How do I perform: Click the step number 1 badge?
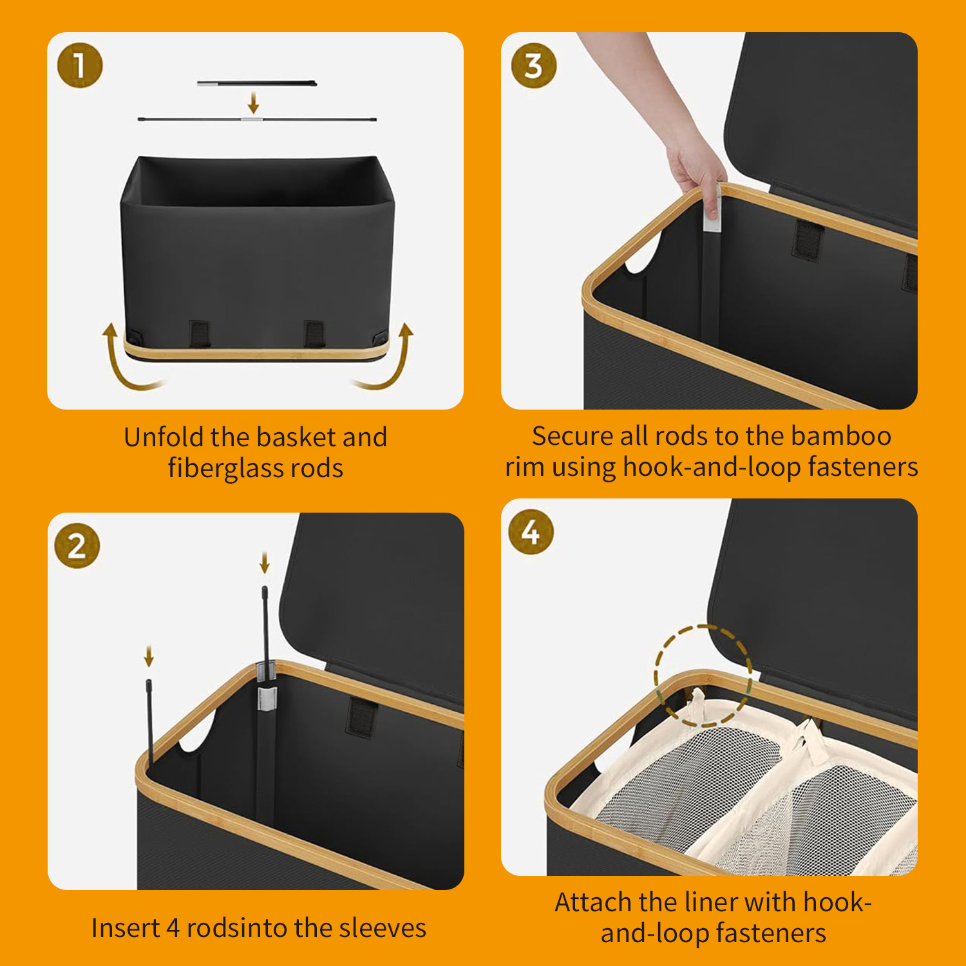80,65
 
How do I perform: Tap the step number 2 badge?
77,546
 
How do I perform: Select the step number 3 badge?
534,66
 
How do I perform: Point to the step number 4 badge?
531,531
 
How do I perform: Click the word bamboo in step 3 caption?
841,436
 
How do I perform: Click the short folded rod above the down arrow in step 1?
256,83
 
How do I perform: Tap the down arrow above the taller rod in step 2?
264,562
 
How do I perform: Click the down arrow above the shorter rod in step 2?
149,657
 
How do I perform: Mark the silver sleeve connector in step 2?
267,699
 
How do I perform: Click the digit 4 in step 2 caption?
173,929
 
